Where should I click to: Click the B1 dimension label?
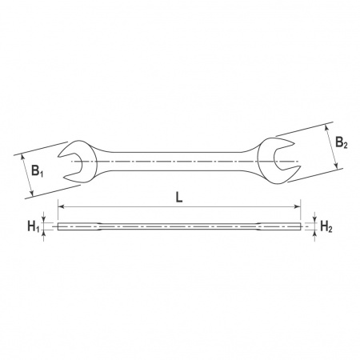pos(37,170)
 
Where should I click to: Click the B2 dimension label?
pos(341,142)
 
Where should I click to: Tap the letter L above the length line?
pos(179,198)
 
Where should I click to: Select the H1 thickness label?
pos(34,226)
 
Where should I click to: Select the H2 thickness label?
pos(326,227)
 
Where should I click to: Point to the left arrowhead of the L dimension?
pos(61,206)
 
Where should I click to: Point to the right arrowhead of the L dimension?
pos(297,206)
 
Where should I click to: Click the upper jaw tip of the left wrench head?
pos(59,156)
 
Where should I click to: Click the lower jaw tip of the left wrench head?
pos(65,178)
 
